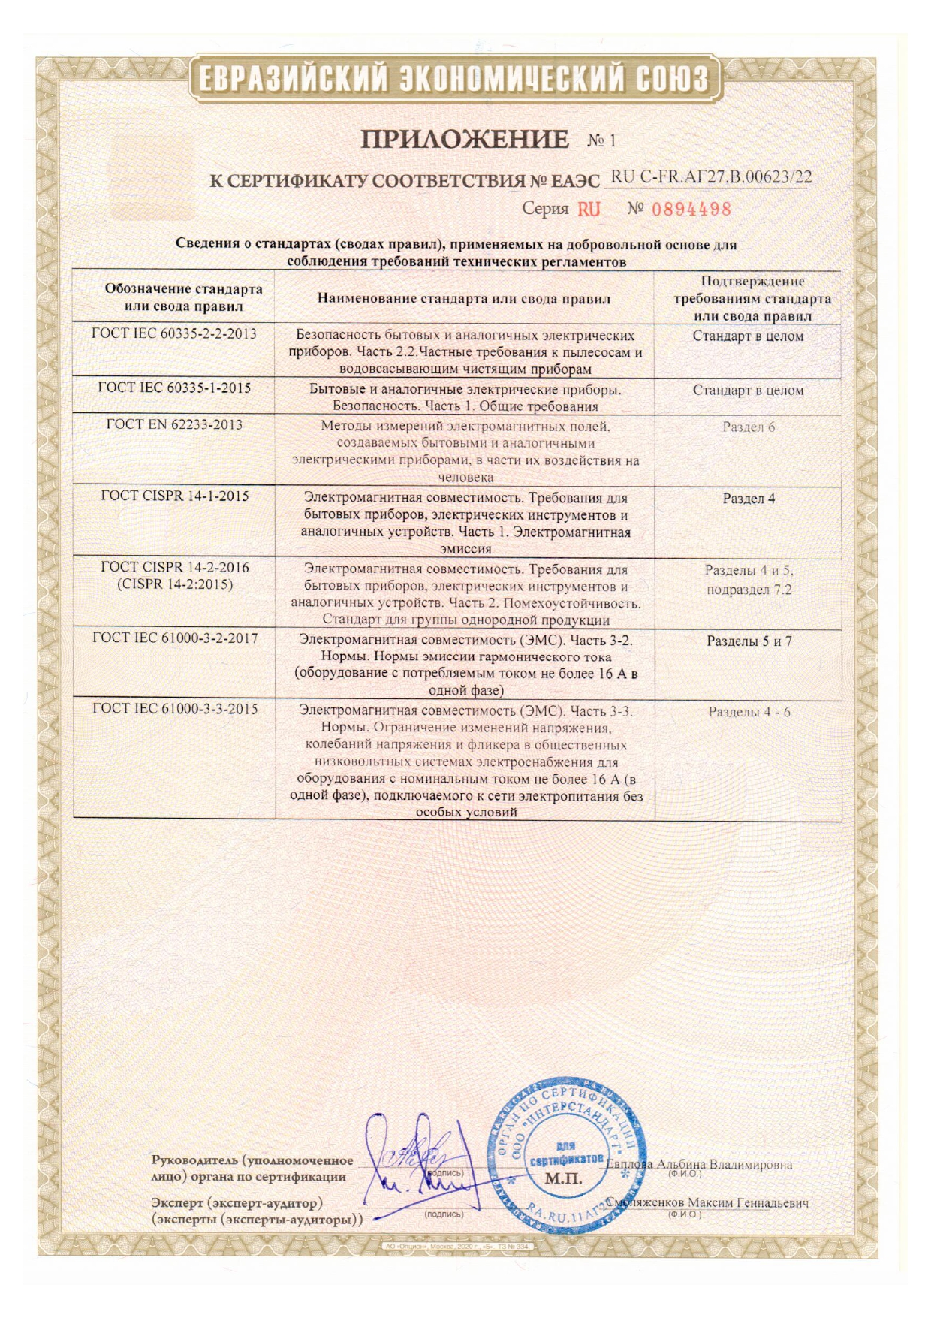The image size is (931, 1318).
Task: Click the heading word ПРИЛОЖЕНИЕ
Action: [x=465, y=140]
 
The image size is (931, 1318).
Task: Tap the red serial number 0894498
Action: [x=691, y=209]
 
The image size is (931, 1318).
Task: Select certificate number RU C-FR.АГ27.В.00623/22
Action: [x=711, y=177]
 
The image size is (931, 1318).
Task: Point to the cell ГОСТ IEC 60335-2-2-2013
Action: [x=174, y=334]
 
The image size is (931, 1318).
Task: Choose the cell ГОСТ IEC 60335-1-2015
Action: [x=174, y=388]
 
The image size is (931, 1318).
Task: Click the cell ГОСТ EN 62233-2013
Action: [x=174, y=424]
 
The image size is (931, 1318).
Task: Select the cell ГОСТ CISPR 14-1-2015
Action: [x=174, y=496]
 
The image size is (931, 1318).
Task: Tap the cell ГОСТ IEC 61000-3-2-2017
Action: [x=174, y=638]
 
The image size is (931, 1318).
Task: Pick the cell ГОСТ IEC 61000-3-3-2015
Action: [x=174, y=709]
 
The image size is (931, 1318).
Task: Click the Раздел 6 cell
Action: [x=748, y=427]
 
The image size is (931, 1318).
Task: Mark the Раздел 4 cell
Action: [x=748, y=499]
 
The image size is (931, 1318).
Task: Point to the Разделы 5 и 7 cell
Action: [x=749, y=641]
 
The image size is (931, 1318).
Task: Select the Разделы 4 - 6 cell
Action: [x=749, y=712]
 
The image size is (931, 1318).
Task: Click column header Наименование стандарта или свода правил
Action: [x=464, y=299]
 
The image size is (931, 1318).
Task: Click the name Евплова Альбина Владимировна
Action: [x=699, y=1165]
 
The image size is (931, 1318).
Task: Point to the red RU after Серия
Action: [x=589, y=209]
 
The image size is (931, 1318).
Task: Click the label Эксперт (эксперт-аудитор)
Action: [x=237, y=1203]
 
